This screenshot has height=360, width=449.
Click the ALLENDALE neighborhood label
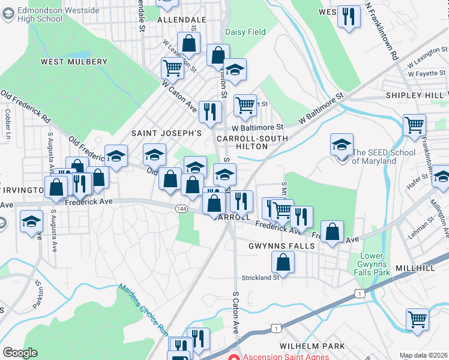click(181, 20)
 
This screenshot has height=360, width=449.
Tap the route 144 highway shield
click(182, 208)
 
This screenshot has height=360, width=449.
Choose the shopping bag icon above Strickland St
click(283, 262)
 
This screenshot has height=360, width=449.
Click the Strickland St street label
click(261, 277)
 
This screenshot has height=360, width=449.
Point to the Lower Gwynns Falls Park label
click(375, 265)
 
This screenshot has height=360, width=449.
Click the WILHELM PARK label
click(312, 346)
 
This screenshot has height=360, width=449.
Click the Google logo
click(20, 353)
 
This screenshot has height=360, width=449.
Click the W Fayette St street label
click(427, 74)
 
